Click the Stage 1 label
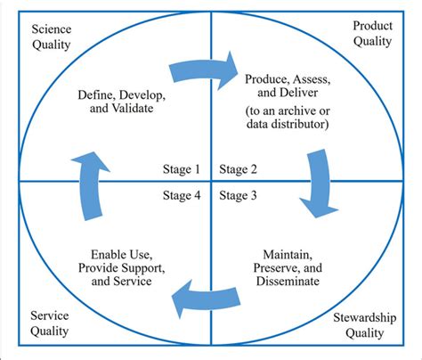182,168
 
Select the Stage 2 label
239,168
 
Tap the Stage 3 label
239,194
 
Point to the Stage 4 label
182,194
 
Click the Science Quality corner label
52,37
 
